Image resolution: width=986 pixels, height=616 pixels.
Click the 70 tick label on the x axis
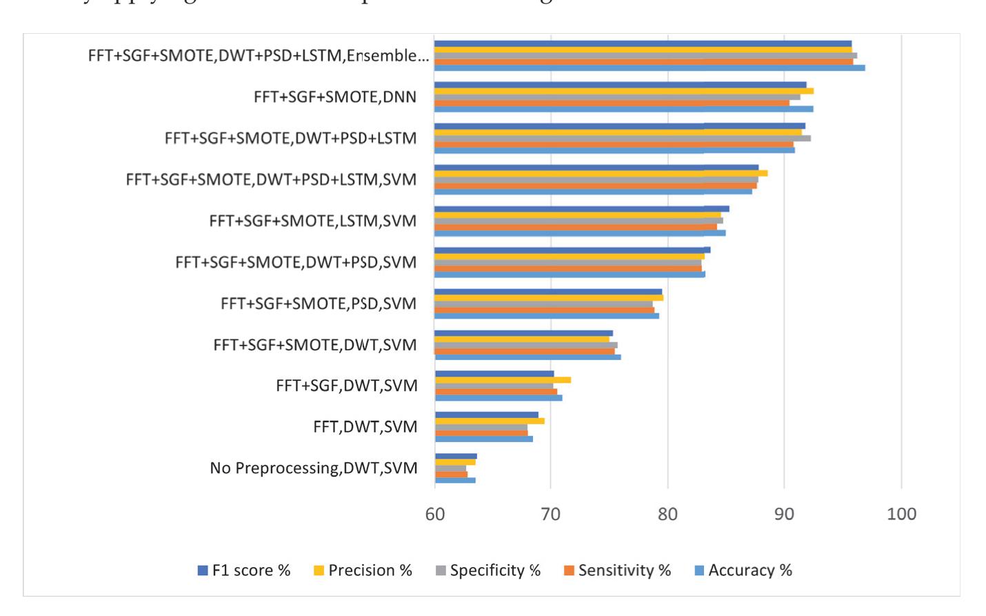tap(550, 515)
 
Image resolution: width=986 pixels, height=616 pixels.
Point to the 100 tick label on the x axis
tap(901, 515)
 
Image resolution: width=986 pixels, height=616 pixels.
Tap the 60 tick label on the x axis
tap(434, 515)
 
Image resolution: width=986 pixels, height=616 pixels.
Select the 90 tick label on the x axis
tap(784, 515)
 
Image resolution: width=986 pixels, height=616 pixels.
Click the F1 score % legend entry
tap(244, 570)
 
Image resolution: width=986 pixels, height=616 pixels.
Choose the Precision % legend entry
tap(363, 570)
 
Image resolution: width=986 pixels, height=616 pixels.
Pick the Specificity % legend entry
tap(488, 570)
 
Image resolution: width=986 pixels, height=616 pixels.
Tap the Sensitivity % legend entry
tap(617, 570)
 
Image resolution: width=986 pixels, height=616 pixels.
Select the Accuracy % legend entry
tap(743, 570)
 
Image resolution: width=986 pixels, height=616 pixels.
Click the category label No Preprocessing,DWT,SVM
tap(314, 468)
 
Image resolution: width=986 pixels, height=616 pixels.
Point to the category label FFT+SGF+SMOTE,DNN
tap(335, 97)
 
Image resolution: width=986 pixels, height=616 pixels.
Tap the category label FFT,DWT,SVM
tap(365, 427)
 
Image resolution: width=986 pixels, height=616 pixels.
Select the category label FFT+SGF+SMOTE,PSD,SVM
tap(319, 304)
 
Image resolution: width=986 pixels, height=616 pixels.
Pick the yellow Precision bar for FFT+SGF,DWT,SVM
tap(503, 380)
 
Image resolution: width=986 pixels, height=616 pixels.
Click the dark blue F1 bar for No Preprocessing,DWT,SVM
tap(456, 456)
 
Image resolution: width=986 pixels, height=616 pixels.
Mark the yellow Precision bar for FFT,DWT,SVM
tap(490, 421)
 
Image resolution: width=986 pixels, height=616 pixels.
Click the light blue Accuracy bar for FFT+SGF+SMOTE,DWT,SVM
tap(527, 357)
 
